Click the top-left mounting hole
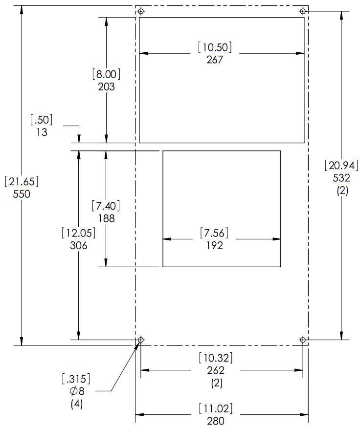(x=141, y=11)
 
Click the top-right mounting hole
(x=303, y=11)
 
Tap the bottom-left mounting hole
(x=141, y=340)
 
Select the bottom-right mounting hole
(x=303, y=340)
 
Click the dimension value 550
(x=22, y=194)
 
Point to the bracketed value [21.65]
(x=22, y=181)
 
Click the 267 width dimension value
(x=215, y=60)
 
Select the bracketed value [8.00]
(x=106, y=75)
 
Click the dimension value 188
(x=106, y=218)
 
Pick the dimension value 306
(x=78, y=246)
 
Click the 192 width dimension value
(x=215, y=246)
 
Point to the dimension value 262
(x=216, y=370)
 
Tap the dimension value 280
(x=216, y=421)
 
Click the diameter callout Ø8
(x=76, y=391)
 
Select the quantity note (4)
(x=76, y=404)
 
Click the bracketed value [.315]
(x=76, y=379)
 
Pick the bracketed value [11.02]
(x=216, y=408)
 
